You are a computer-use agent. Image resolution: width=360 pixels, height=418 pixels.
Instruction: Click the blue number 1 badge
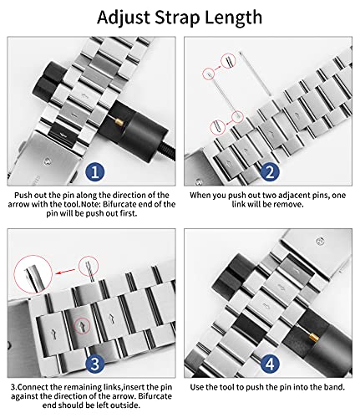(x=94, y=171)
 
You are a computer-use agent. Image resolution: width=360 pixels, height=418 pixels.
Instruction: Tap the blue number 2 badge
(x=270, y=171)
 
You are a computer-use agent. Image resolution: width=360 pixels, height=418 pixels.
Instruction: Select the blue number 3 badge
(x=94, y=364)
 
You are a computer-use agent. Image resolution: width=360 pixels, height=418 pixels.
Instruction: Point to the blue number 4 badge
(x=270, y=364)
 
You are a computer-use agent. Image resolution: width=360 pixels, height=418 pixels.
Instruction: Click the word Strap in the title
(x=177, y=18)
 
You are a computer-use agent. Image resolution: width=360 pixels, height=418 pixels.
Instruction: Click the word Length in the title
(x=233, y=18)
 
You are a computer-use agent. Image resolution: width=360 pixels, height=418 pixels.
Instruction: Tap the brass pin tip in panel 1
(x=119, y=121)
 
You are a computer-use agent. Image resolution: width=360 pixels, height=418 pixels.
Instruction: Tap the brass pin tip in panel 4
(x=312, y=338)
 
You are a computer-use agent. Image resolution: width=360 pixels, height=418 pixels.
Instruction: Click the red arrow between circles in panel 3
(x=66, y=271)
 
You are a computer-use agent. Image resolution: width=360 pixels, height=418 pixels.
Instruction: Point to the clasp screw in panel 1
(x=48, y=161)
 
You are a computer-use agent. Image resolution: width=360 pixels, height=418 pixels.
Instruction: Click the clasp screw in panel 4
(x=321, y=241)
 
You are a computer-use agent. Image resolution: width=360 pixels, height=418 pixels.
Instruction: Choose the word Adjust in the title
(x=124, y=18)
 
